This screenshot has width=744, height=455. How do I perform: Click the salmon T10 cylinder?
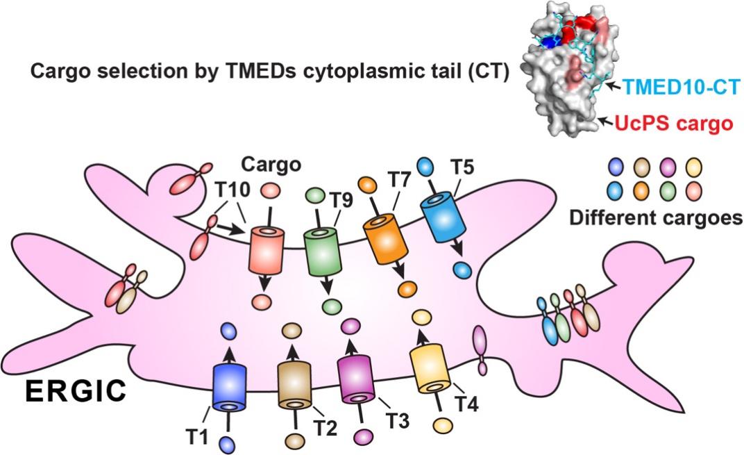267,249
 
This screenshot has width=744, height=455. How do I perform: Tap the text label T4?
466,402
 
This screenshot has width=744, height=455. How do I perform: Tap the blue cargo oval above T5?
426,166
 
